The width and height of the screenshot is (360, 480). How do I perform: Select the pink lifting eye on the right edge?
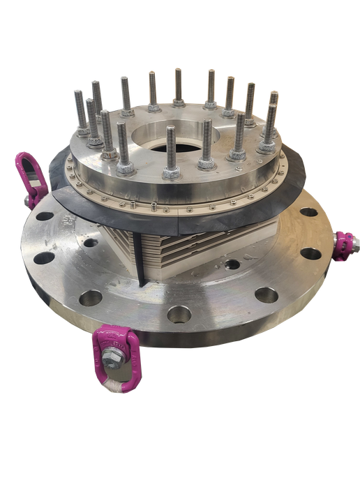pos(343,246)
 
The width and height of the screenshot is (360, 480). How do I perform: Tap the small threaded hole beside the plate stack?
pos(230,264)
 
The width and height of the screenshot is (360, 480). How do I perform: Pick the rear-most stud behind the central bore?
pos(178,87)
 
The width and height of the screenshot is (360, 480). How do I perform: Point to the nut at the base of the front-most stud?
pos(171,170)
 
